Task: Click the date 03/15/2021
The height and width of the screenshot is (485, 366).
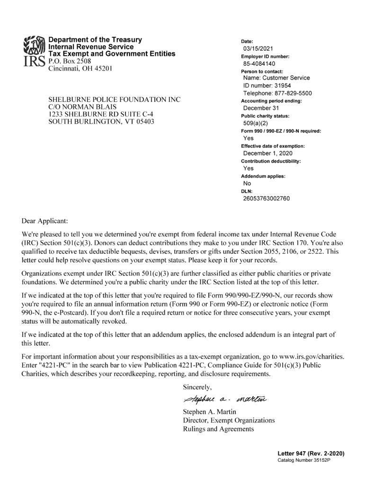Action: pos(258,49)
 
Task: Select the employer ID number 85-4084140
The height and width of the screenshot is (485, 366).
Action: pos(259,63)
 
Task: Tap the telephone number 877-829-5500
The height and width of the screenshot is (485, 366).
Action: pos(293,93)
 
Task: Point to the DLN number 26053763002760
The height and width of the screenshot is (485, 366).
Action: pos(266,198)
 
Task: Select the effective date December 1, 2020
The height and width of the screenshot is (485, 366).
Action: pos(268,153)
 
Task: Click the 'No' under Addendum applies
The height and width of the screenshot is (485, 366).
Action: pos(247,183)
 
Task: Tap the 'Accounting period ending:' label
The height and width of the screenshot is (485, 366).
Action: pos(271,101)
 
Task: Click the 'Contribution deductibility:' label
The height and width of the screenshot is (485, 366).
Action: pos(271,161)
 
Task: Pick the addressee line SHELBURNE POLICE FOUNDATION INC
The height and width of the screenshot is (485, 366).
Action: pos(115,100)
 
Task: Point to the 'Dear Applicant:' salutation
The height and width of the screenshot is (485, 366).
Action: pos(45,221)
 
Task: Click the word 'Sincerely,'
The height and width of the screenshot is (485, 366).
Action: pos(198,387)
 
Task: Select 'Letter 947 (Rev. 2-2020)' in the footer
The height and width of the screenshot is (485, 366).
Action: pos(311,454)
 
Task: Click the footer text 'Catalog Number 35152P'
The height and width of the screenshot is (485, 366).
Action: pos(304,461)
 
